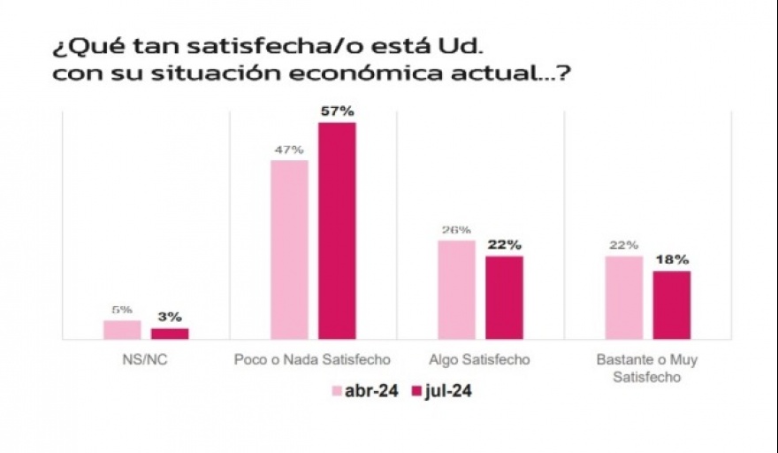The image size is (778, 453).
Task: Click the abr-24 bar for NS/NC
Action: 122,329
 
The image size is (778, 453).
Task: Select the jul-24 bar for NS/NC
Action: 170,334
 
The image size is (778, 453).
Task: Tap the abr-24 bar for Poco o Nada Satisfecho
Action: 289,250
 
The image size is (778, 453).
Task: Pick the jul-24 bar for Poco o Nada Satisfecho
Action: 337,231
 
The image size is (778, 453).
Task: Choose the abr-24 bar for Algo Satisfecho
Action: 456,289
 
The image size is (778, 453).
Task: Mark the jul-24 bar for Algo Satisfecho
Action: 504,297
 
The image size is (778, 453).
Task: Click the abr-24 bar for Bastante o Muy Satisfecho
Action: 623,297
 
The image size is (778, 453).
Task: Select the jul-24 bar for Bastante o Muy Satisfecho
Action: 671,305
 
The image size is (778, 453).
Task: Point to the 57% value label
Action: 337,111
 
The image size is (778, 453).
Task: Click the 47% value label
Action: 289,150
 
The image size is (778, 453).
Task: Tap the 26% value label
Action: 456,230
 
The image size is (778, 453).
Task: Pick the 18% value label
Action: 671,260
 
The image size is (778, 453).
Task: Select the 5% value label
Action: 122,310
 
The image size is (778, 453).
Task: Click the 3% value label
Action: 170,317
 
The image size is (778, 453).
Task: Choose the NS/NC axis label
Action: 146,360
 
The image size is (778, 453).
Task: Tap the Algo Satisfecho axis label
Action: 480,360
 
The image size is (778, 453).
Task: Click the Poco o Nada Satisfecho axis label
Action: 313,360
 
